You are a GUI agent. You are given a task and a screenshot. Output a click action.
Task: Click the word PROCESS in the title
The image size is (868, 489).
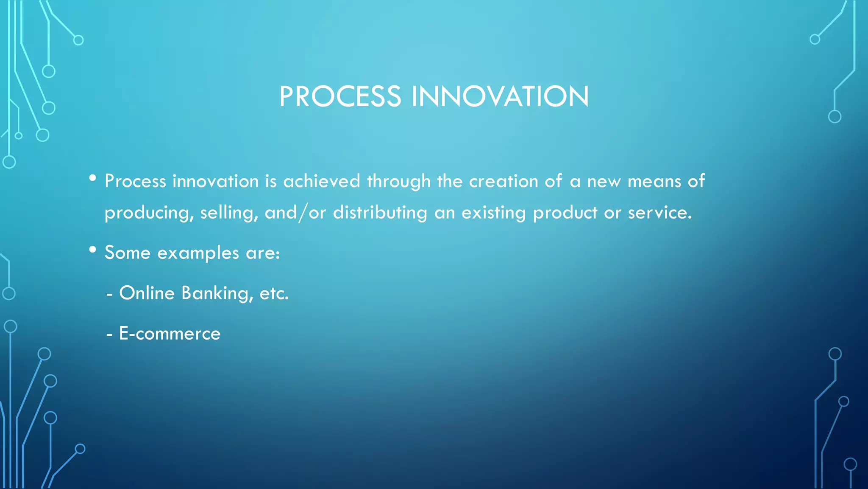340,96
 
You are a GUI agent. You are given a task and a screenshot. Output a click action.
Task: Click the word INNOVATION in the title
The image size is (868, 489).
500,96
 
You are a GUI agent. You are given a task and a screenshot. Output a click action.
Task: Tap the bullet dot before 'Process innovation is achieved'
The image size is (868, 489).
93,178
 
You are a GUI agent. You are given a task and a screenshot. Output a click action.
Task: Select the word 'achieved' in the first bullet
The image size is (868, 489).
322,181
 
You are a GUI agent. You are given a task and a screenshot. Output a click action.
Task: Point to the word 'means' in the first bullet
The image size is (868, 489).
654,181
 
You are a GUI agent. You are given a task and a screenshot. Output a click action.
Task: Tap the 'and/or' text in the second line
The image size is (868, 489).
295,212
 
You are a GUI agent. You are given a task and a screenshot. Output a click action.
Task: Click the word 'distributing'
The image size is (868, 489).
380,212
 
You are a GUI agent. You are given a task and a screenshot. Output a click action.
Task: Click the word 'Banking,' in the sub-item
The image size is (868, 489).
217,293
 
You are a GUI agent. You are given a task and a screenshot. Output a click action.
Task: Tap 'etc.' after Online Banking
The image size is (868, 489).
274,293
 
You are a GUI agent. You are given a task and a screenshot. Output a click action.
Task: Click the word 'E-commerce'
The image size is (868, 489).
170,334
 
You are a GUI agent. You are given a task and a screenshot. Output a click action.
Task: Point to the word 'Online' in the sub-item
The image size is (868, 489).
147,293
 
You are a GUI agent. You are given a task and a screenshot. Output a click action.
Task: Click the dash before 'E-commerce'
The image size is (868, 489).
110,334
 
